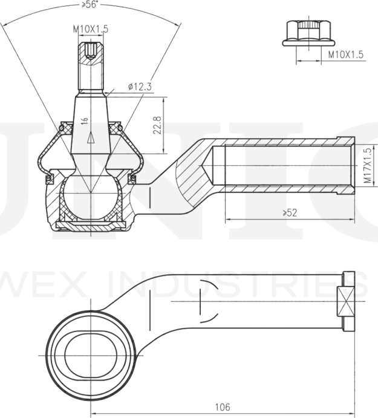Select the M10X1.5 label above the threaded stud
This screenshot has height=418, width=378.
tap(90, 28)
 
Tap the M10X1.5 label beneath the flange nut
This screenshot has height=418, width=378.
tap(345, 55)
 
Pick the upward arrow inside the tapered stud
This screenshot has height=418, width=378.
tap(91, 138)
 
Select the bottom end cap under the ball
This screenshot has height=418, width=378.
tap(91, 226)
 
